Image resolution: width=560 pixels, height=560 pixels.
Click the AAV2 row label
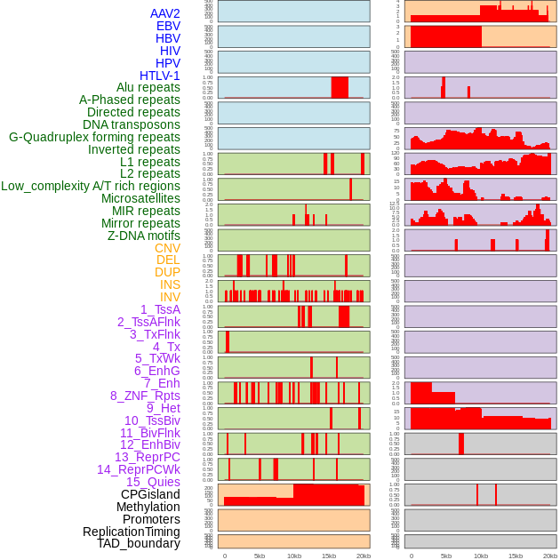[164, 13]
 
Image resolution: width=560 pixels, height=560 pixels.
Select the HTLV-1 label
[159, 76]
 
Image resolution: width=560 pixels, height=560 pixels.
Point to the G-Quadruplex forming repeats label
[94, 137]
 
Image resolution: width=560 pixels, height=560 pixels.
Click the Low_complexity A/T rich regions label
[91, 186]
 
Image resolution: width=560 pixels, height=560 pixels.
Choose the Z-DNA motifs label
[143, 236]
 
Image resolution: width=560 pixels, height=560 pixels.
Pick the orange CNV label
[167, 248]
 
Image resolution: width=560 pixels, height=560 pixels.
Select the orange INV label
[170, 297]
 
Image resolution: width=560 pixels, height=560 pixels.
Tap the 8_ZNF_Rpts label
[145, 396]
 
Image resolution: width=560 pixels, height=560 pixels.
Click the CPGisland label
[150, 494]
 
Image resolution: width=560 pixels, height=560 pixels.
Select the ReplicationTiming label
[131, 532]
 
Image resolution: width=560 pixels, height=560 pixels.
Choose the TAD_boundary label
[138, 543]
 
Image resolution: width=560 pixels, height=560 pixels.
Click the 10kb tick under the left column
[294, 556]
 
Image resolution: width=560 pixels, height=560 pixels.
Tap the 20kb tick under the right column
[550, 556]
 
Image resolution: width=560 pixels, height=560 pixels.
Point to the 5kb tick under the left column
[260, 556]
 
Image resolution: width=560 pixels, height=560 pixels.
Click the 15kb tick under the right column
[516, 556]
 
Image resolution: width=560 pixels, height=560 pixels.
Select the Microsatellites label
[140, 198]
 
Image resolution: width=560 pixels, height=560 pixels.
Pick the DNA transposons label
[132, 124]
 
